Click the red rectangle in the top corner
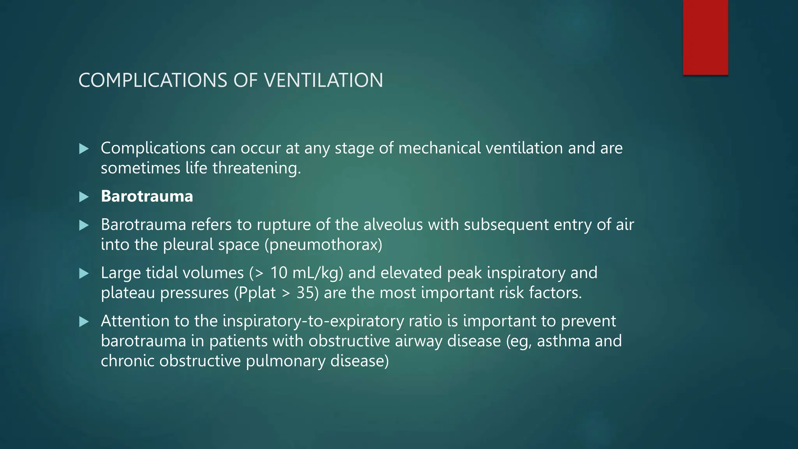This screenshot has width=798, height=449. [x=705, y=37]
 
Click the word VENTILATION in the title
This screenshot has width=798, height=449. [x=323, y=80]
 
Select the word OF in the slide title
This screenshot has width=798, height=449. [x=245, y=80]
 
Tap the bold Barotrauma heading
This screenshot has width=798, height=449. [x=147, y=196]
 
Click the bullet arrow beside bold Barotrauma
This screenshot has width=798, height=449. [x=84, y=197]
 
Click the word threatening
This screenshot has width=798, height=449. [x=256, y=168]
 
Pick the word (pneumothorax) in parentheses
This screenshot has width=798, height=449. [x=323, y=245]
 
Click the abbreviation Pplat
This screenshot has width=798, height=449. [x=257, y=293]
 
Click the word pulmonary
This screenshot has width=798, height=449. [x=285, y=361]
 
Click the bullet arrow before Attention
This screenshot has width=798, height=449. [x=84, y=322]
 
